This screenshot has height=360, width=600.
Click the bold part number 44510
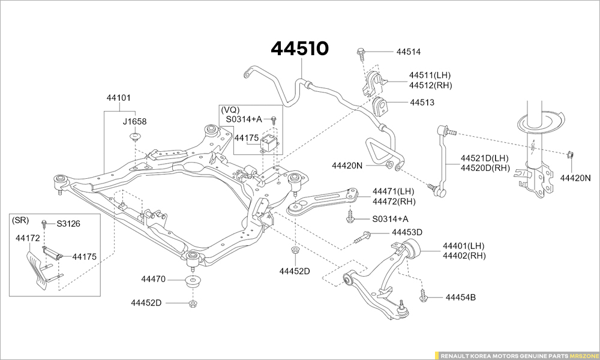(300, 49)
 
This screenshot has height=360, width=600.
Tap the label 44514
(408, 52)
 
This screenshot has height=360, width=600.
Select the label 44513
(422, 103)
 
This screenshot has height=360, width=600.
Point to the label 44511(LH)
(430, 76)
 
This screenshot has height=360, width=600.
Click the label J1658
(134, 121)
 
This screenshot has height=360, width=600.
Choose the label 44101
(119, 97)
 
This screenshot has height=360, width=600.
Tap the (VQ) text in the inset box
(230, 110)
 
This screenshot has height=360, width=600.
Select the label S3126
(68, 224)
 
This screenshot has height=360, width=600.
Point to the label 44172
(28, 238)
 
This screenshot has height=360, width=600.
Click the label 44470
(153, 280)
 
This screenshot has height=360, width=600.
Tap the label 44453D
(407, 232)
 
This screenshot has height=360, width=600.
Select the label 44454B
(460, 297)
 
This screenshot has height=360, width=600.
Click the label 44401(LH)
(463, 246)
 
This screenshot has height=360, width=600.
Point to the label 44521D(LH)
(485, 158)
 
